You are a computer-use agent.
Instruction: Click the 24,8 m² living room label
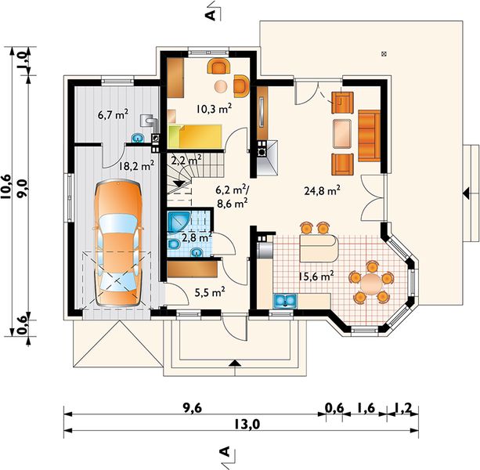[x=322, y=190]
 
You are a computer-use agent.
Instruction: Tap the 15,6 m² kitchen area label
[x=316, y=276]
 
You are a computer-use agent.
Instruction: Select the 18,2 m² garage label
[x=136, y=165]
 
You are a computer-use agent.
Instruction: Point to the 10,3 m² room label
[x=214, y=109]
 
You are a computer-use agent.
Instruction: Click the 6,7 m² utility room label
[x=113, y=115]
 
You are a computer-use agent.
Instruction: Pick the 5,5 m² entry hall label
[x=210, y=292]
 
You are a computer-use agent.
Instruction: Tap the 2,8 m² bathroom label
[x=197, y=237]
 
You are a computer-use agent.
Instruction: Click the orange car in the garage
[x=118, y=243]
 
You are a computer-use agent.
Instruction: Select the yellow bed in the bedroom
[x=195, y=136]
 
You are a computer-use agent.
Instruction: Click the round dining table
[x=371, y=284]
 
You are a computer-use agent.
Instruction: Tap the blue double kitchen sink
[x=285, y=300]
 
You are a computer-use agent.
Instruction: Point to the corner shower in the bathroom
[x=179, y=222]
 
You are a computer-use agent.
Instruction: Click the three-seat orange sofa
[x=369, y=136]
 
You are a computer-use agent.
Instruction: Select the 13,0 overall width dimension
[x=247, y=425]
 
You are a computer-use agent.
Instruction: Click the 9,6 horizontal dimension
[x=193, y=408]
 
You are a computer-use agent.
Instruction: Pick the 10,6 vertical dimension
[x=6, y=186]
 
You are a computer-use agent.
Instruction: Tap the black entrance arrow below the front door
[x=235, y=363]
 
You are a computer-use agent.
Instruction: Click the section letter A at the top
[x=212, y=15]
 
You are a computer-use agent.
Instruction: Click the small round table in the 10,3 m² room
[x=221, y=86]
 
